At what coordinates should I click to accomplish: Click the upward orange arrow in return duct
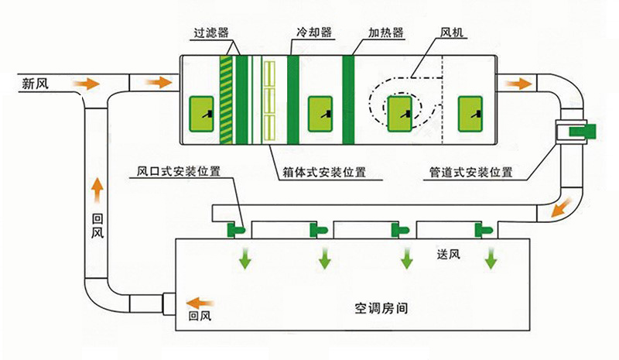97,187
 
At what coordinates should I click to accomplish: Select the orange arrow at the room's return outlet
203,302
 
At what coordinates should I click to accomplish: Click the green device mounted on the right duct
580,131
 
